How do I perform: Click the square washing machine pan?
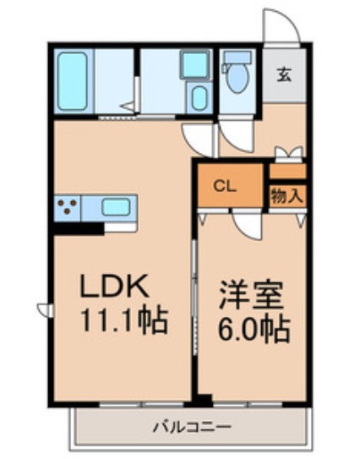click(x=196, y=63)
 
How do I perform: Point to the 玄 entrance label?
click(x=282, y=73)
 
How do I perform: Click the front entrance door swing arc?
click(x=280, y=25)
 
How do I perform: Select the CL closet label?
click(x=224, y=184)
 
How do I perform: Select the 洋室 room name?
click(x=252, y=298)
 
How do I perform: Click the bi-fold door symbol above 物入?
click(x=288, y=154)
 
